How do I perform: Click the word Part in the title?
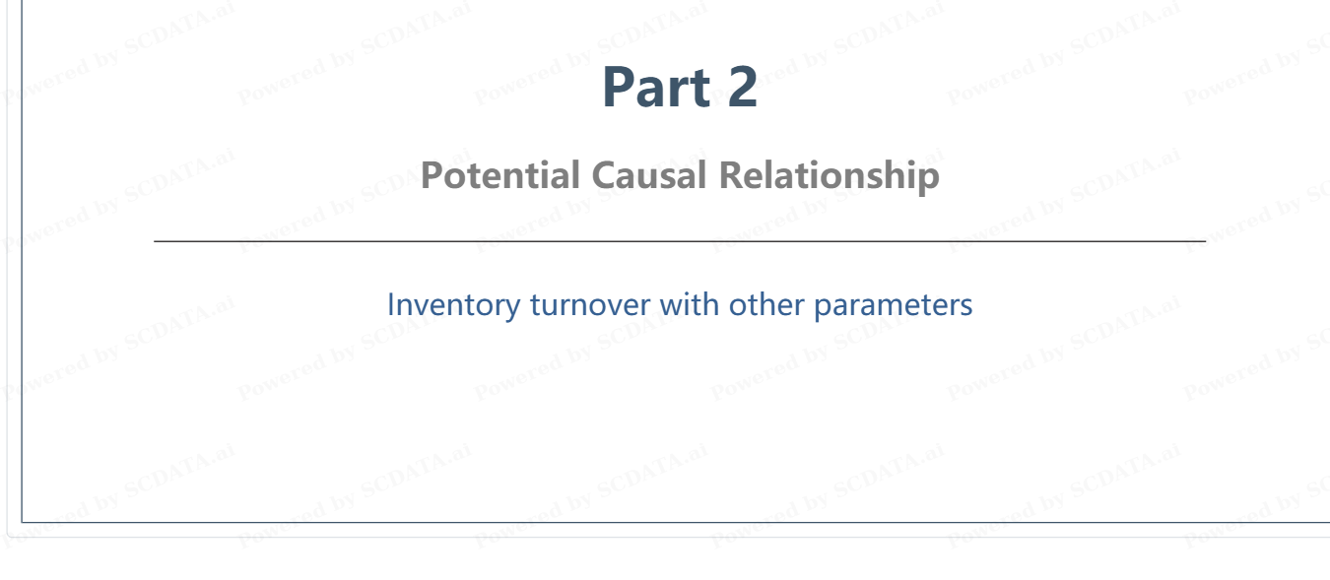point(656,88)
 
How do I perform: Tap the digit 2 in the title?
point(742,87)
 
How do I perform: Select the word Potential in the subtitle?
point(499,175)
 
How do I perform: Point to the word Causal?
point(649,175)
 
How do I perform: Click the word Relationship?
point(830,175)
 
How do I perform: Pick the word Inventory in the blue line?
point(453,305)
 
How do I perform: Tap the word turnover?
point(590,305)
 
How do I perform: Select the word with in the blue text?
point(690,304)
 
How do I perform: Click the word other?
point(765,304)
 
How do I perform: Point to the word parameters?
point(893,305)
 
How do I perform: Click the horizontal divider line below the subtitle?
point(680,241)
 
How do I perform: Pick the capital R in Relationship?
point(732,175)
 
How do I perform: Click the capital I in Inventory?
point(391,304)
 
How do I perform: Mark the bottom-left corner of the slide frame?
point(22,523)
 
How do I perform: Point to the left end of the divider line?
point(155,241)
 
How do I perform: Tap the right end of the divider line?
point(1205,241)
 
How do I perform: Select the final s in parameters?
point(966,307)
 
